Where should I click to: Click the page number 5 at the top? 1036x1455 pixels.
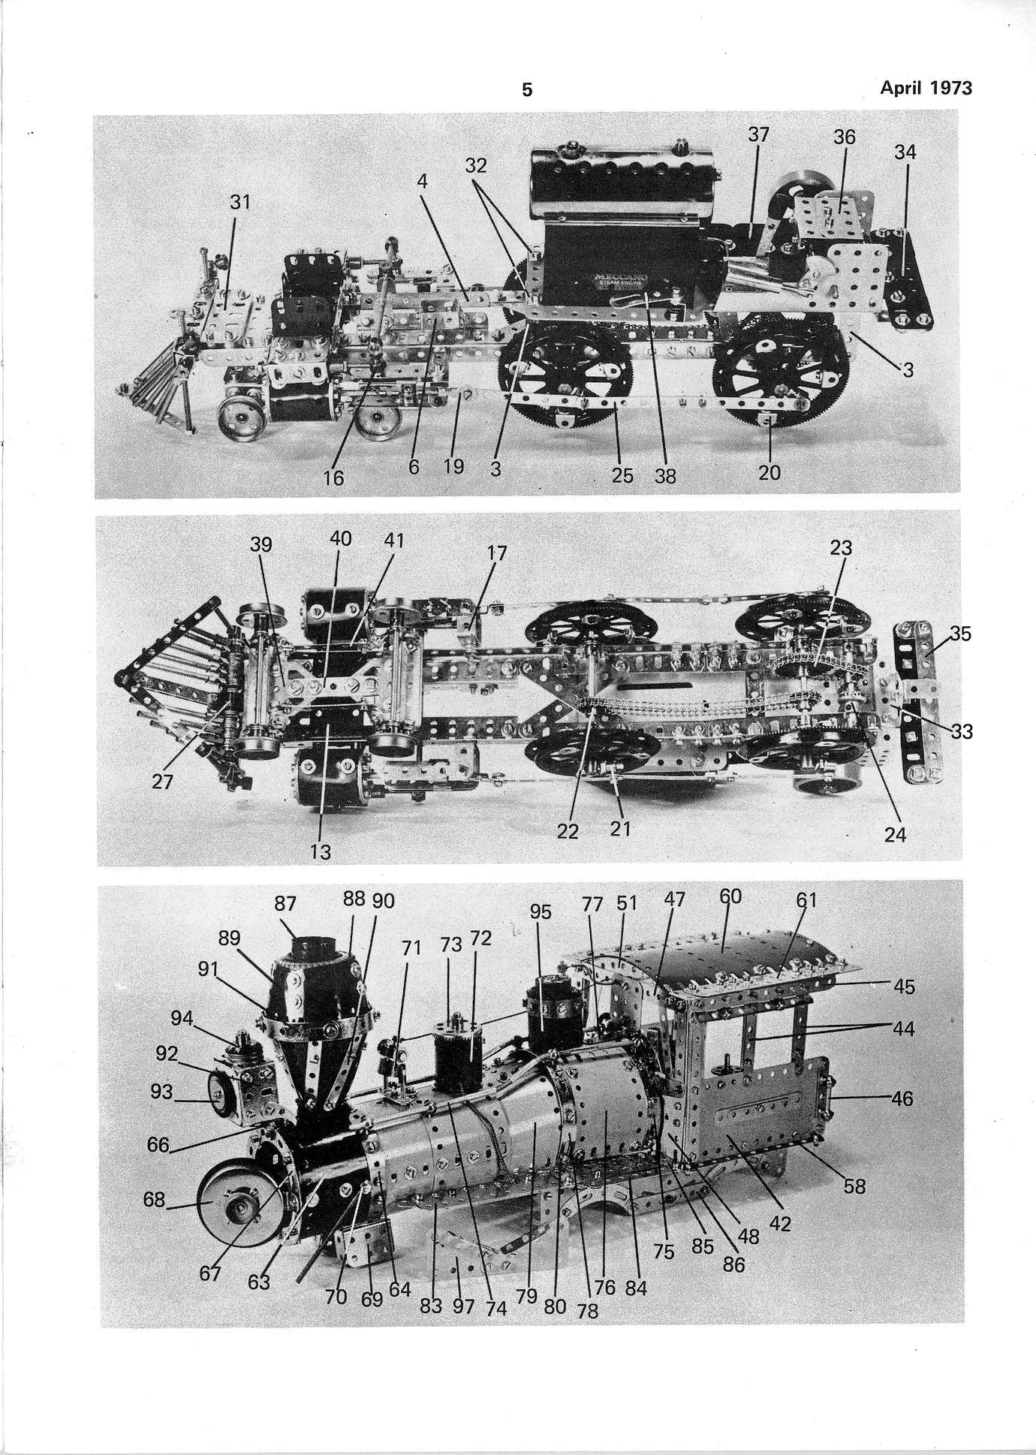(x=527, y=90)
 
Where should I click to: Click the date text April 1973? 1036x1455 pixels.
(x=926, y=88)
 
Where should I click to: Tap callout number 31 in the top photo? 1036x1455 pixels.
(x=240, y=203)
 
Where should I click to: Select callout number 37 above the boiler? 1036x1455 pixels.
(x=760, y=134)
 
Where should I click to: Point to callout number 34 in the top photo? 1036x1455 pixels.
(x=905, y=152)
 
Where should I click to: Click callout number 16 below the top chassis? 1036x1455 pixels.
(x=333, y=477)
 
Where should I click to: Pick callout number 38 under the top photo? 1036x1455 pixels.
(x=665, y=476)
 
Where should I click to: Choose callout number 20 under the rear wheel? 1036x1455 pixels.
(x=769, y=472)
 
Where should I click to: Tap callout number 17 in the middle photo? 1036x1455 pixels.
(x=496, y=553)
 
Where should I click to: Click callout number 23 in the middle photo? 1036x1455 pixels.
(x=841, y=548)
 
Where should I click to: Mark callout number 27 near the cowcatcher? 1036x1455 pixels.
(x=162, y=782)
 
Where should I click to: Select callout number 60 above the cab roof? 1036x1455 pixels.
(x=730, y=896)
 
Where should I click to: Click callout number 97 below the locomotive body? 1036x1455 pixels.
(x=463, y=1306)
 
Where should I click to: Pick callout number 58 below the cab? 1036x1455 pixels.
(x=854, y=1186)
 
